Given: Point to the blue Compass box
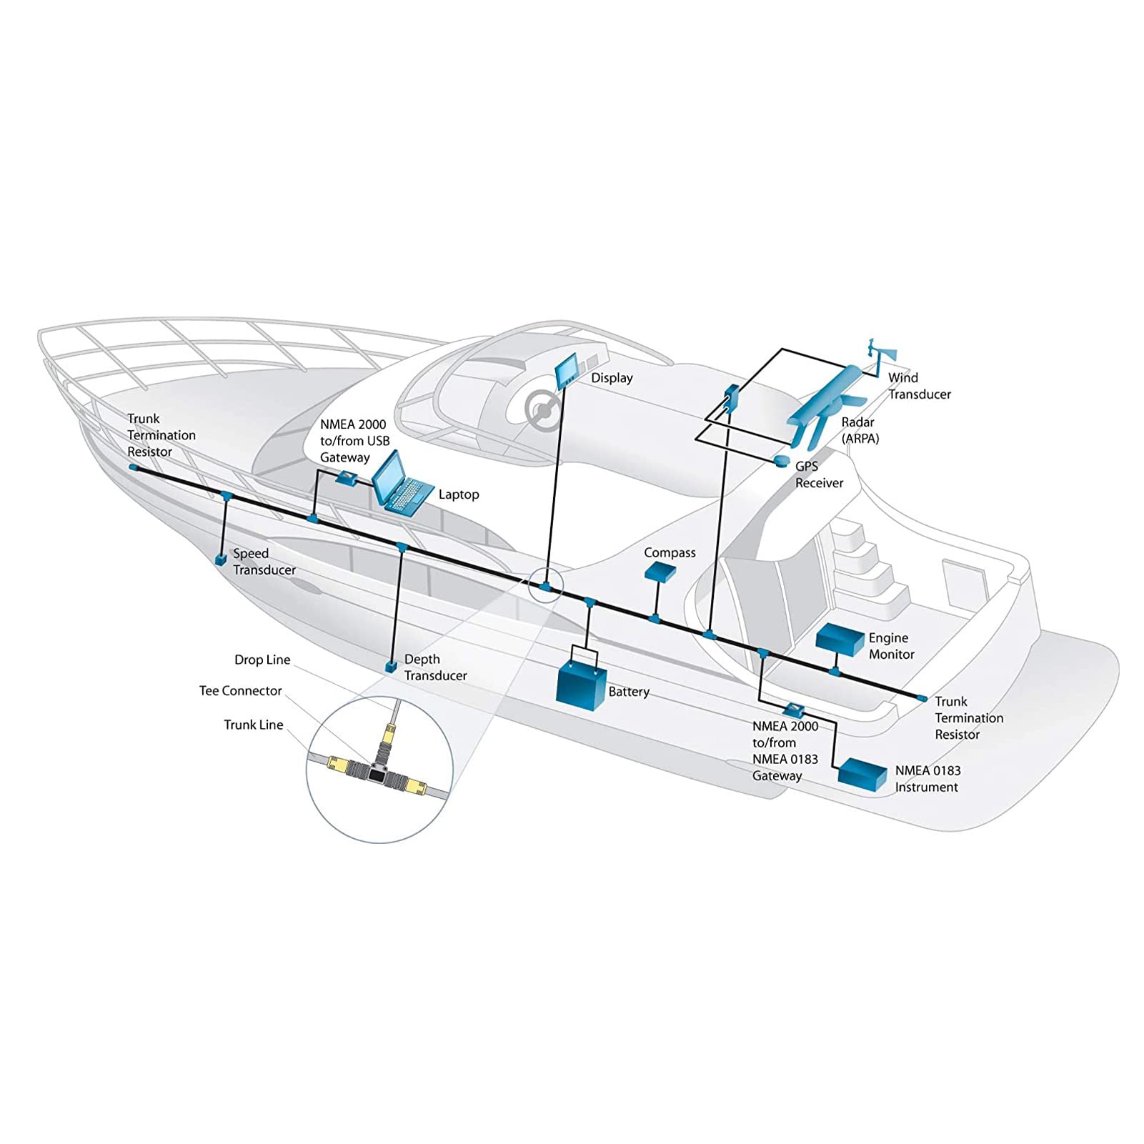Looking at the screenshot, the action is click(660, 570).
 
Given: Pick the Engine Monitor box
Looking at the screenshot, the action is click(840, 640).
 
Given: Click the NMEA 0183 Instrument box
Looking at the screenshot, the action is click(862, 774).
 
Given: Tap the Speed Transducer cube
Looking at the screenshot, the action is click(222, 558).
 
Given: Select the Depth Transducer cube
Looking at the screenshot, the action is click(390, 667).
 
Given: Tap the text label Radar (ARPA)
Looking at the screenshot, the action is click(860, 430).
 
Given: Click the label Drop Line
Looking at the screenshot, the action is click(262, 660).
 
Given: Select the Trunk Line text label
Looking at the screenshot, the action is click(254, 725).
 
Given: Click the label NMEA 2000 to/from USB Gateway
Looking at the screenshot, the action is click(354, 441).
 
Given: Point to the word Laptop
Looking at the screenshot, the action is click(459, 494).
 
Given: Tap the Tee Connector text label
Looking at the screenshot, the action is click(241, 691).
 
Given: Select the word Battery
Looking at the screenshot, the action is click(629, 692).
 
